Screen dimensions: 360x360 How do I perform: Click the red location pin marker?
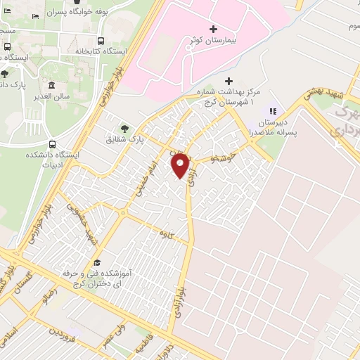click(x=181, y=166)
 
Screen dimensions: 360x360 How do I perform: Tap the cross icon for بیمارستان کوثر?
click(x=214, y=28)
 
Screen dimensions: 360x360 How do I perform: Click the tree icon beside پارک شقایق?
click(x=125, y=128)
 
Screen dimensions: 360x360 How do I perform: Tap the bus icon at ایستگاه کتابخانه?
click(x=101, y=41)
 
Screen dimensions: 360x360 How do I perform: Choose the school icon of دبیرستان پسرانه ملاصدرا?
click(x=274, y=110)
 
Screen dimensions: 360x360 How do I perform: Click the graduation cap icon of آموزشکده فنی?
click(x=96, y=262)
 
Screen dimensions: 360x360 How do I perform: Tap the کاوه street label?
click(x=166, y=232)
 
